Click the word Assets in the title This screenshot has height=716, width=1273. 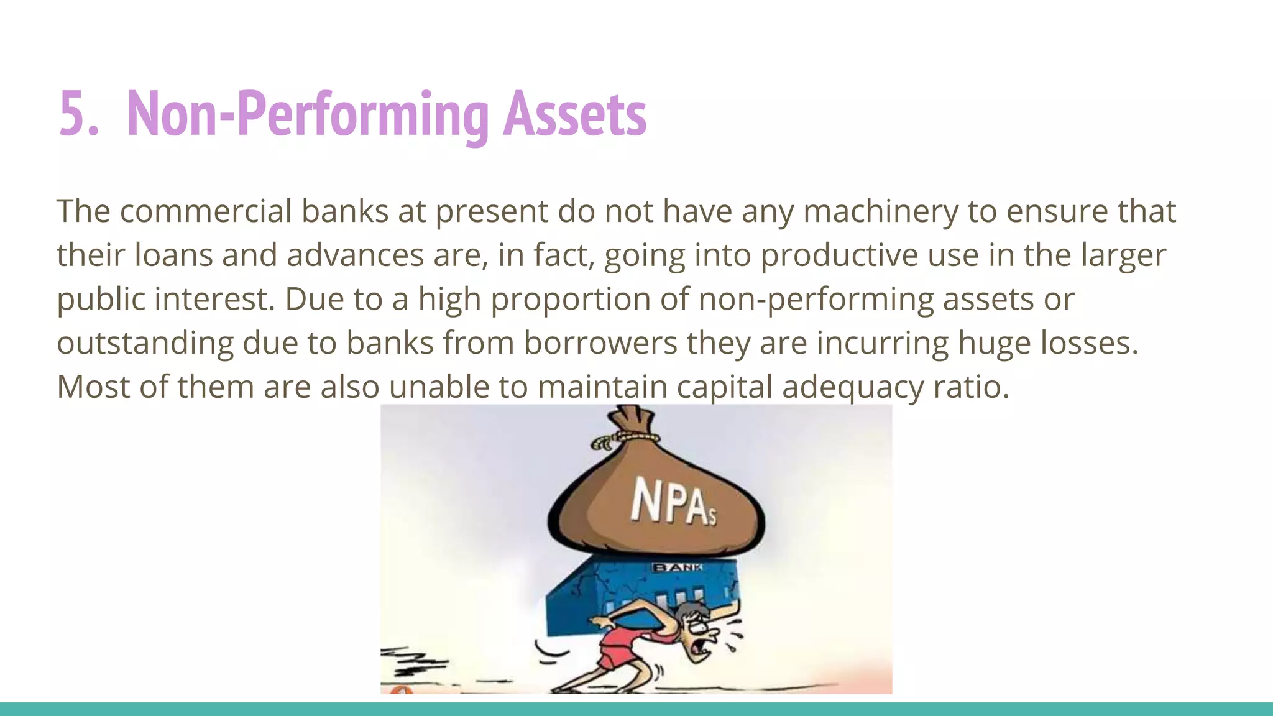574,114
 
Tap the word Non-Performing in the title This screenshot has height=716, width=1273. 308,114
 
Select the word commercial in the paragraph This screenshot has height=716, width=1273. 206,211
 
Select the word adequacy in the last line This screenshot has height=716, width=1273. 853,387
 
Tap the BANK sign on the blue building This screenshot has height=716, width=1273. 677,567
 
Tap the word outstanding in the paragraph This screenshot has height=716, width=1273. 145,343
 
